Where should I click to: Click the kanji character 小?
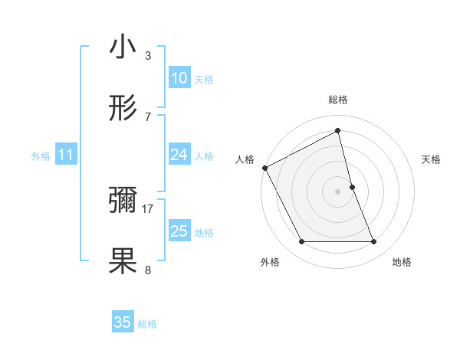tap(123, 47)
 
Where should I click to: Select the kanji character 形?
tap(123, 109)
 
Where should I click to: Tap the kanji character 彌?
tap(123, 201)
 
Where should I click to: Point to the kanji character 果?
tap(123, 261)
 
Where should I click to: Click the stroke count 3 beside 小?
tap(148, 55)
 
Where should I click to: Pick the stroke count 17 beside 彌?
tap(148, 208)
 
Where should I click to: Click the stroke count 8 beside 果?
tap(148, 270)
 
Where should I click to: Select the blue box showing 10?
tap(179, 78)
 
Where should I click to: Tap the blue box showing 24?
tap(179, 155)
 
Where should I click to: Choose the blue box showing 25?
tap(179, 231)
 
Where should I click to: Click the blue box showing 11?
tap(65, 155)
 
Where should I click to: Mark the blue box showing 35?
tap(123, 322)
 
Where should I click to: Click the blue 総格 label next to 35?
tap(147, 324)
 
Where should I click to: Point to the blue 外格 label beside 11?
tap(41, 156)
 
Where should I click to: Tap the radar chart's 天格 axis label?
tap(432, 159)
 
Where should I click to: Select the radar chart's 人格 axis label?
tap(245, 159)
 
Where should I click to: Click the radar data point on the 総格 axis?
tap(337, 131)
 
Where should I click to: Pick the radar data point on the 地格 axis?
tap(374, 242)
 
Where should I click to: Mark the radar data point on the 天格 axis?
tap(352, 186)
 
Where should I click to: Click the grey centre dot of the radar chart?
tap(337, 191)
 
